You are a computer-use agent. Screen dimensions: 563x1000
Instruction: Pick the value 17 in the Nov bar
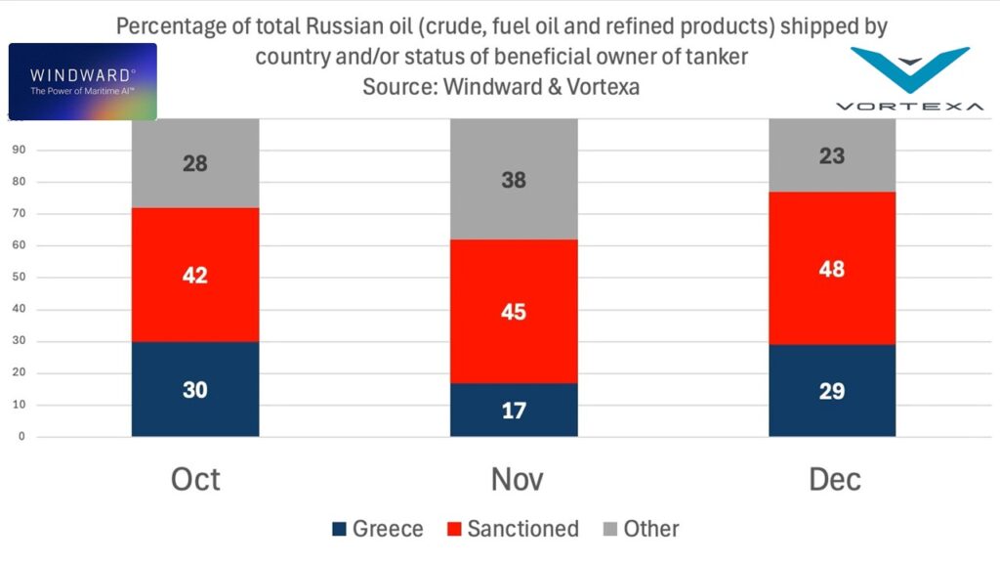514,411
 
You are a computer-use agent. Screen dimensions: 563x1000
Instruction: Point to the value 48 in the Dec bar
832,269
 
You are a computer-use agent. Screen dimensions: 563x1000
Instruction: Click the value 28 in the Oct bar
195,163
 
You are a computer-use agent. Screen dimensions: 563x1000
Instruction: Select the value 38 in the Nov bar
514,180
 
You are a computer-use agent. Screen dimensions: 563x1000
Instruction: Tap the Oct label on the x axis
195,479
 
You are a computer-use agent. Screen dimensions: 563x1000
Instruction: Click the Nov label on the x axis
514,479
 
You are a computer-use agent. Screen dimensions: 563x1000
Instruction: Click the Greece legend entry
377,529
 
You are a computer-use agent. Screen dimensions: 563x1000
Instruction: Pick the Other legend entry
640,529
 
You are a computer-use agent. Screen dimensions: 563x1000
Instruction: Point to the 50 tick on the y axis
19,278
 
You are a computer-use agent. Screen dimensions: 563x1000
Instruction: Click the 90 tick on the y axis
19,151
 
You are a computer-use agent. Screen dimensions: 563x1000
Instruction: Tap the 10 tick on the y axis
19,405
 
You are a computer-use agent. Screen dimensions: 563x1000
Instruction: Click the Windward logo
82,81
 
